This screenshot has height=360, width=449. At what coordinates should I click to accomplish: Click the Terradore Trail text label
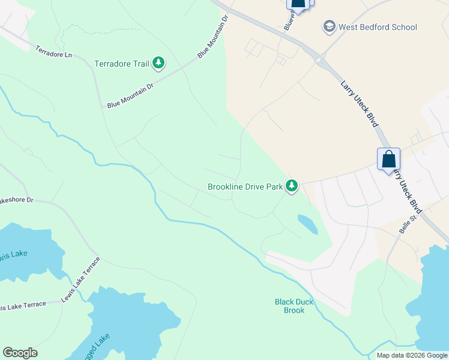tap(122, 63)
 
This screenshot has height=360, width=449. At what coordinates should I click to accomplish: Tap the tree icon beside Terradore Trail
tap(158, 62)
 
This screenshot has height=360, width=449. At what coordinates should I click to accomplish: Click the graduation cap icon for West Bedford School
tap(329, 26)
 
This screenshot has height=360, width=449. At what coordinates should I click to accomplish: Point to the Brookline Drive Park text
tap(245, 187)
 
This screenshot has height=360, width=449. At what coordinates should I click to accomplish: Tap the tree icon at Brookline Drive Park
tap(292, 186)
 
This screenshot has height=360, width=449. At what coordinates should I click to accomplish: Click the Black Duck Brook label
tap(294, 306)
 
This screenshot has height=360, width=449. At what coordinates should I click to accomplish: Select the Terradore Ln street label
tap(53, 52)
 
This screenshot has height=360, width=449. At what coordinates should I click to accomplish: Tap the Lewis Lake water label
tap(13, 254)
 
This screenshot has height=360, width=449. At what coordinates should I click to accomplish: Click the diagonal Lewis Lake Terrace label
tap(80, 280)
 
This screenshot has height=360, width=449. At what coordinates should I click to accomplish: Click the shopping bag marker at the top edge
tap(298, 4)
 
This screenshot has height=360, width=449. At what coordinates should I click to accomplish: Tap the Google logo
tap(20, 353)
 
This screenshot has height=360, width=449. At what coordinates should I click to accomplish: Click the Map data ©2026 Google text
tap(412, 355)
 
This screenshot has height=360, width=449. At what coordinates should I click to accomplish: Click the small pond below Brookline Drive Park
tap(307, 223)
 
